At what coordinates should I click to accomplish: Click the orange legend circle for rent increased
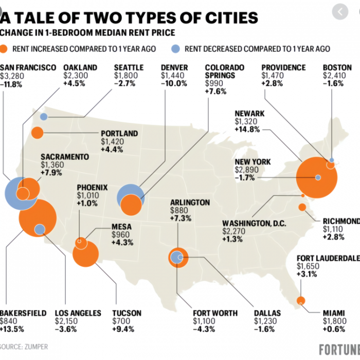pyautogui.click(x=5, y=49)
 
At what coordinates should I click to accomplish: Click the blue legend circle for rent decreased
pyautogui.click(x=175, y=49)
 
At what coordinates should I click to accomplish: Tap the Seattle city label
pyautogui.click(x=129, y=67)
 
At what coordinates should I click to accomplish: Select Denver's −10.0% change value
pyautogui.click(x=174, y=84)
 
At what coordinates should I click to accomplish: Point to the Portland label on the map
pyautogui.click(x=119, y=133)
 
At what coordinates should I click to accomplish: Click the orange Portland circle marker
pyautogui.click(x=37, y=133)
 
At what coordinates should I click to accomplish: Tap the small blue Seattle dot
pyautogui.click(x=44, y=117)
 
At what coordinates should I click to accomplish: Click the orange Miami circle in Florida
pyautogui.click(x=301, y=300)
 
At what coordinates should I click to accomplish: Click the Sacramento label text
pyautogui.click(x=65, y=156)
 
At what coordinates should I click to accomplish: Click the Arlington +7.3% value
pyautogui.click(x=181, y=219)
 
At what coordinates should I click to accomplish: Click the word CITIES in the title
pyautogui.click(x=227, y=19)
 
